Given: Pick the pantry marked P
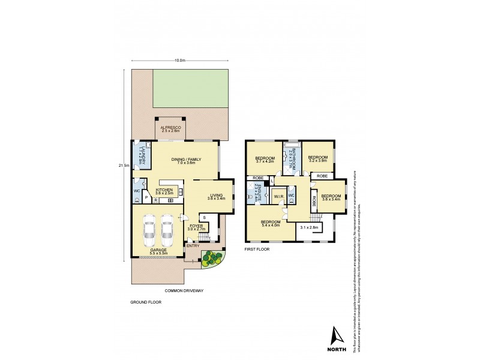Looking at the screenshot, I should [x=146, y=196].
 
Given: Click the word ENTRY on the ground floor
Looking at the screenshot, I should [x=193, y=245].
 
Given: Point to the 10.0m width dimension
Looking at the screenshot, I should [x=180, y=61].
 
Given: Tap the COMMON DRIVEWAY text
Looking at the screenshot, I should [x=184, y=290].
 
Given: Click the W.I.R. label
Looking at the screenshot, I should [x=278, y=196].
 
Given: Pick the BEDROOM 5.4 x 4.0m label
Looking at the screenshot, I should [x=271, y=224].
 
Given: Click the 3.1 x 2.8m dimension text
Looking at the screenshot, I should [x=310, y=227].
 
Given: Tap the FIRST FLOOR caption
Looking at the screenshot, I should [x=256, y=248].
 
